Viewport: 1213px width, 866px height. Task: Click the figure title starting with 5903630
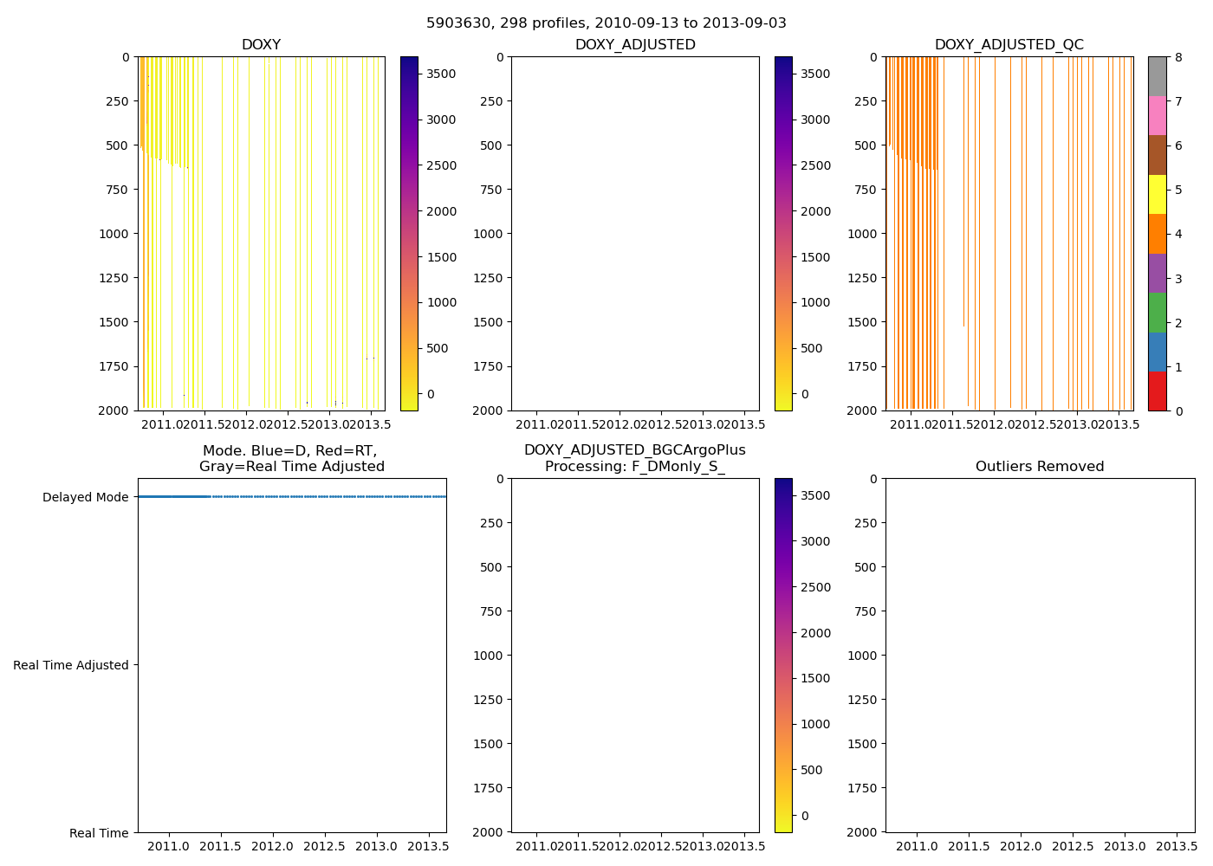pyautogui.click(x=606, y=23)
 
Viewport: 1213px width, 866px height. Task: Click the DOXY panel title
pyautogui.click(x=261, y=45)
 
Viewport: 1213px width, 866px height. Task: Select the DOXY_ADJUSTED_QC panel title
pyautogui.click(x=1009, y=45)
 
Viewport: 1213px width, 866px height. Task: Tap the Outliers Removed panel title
pyautogui.click(x=1040, y=467)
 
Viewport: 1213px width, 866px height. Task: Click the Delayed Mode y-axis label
pyautogui.click(x=85, y=497)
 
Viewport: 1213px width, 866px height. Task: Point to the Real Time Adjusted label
pyautogui.click(x=71, y=665)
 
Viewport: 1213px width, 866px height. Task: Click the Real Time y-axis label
pyautogui.click(x=99, y=833)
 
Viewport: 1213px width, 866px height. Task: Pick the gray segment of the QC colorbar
pyautogui.click(x=1157, y=76)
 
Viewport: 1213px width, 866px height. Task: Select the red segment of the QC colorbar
pyautogui.click(x=1157, y=391)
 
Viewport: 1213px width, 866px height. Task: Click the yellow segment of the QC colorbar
pyautogui.click(x=1157, y=195)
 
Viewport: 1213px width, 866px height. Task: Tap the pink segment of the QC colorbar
pyautogui.click(x=1157, y=116)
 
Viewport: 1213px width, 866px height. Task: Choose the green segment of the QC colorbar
pyautogui.click(x=1157, y=313)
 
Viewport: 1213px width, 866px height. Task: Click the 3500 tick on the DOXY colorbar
pyautogui.click(x=440, y=74)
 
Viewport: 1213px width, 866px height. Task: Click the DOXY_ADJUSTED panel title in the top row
pyautogui.click(x=635, y=45)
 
